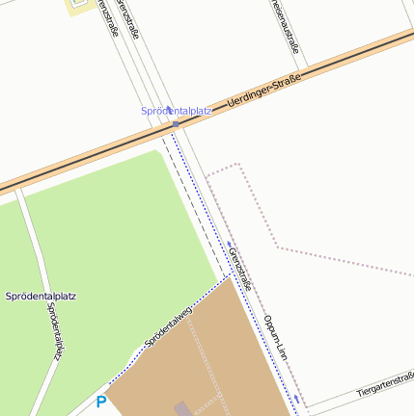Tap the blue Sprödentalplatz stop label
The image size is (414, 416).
click(176, 111)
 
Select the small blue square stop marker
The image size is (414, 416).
click(175, 123)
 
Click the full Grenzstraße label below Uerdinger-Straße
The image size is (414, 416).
click(240, 269)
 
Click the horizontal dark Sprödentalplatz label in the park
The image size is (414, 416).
click(41, 294)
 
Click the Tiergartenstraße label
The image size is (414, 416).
click(384, 385)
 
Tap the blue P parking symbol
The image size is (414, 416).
click(100, 402)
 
